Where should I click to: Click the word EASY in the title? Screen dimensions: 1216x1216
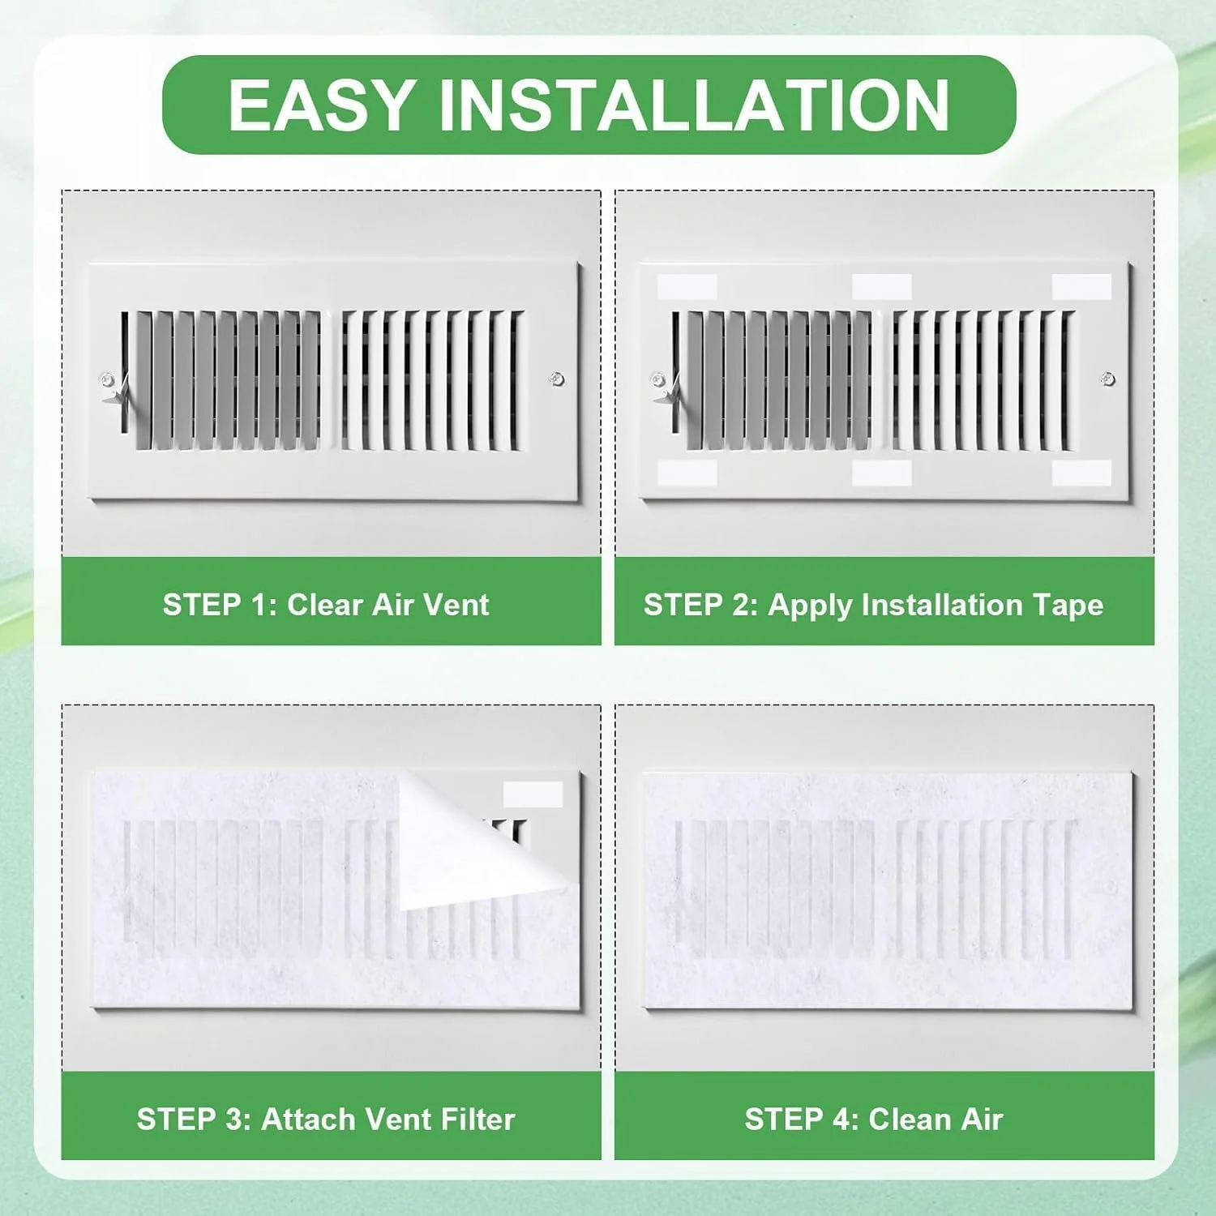[321, 105]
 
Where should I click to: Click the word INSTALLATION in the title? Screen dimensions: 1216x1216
[695, 105]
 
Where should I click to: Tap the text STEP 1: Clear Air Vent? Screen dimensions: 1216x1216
[326, 605]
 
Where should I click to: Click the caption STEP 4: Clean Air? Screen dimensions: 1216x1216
[874, 1120]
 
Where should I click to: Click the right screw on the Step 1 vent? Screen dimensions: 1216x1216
[557, 379]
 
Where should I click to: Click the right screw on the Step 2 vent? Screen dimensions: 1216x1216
[1108, 379]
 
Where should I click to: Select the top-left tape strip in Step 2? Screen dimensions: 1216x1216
[687, 286]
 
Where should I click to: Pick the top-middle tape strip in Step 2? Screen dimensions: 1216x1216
[882, 286]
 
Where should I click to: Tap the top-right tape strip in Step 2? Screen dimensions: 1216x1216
[1081, 286]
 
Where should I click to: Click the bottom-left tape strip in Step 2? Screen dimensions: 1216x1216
[687, 473]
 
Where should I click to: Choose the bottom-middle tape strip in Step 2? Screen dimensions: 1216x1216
[882, 473]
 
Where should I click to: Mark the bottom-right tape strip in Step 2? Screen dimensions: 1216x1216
[1081, 473]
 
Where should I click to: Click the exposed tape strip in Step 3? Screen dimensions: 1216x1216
[533, 794]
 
